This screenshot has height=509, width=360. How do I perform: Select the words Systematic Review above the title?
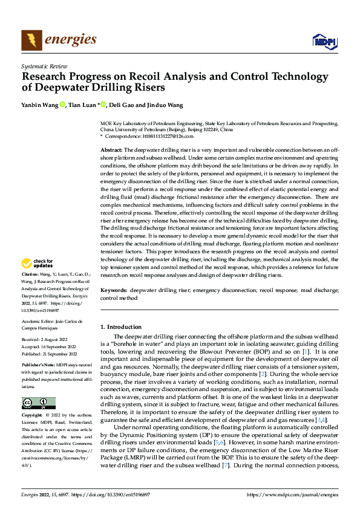coord(43,64)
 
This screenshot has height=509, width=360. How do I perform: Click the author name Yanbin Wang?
coord(39,105)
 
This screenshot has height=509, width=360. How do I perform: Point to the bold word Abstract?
coord(111,149)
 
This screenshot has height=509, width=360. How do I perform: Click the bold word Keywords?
coord(115,290)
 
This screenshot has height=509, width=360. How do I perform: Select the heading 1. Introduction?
coord(121,327)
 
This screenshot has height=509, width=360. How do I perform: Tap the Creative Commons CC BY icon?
coord(38,403)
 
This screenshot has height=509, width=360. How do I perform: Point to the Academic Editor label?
coord(39,321)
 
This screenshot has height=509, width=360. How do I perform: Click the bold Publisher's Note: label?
coord(38,366)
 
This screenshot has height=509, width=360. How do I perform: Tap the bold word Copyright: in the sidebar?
coord(32,416)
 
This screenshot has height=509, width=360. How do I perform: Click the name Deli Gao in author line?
coord(122,105)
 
